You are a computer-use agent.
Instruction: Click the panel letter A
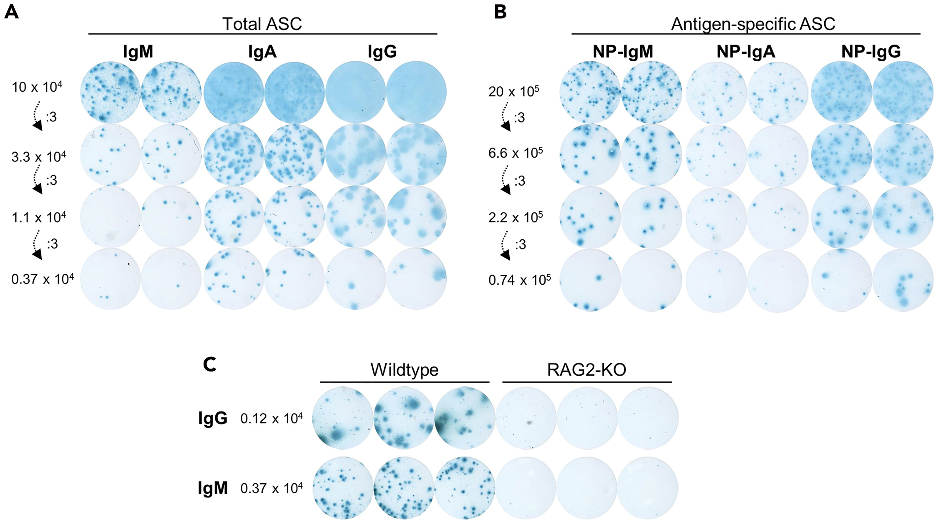[x=11, y=12]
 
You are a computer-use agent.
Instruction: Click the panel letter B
[x=500, y=12]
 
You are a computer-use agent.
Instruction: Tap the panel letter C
[x=209, y=365]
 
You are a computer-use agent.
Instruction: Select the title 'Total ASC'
[x=262, y=24]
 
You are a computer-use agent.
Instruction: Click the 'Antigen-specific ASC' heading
[x=753, y=24]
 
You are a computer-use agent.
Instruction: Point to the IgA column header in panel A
[x=262, y=52]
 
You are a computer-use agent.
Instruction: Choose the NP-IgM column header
[x=623, y=52]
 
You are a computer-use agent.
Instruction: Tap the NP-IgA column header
[x=746, y=52]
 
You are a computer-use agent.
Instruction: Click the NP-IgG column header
[x=871, y=52]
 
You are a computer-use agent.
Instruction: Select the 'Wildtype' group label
[x=404, y=369]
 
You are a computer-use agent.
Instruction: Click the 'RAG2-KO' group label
[x=586, y=369]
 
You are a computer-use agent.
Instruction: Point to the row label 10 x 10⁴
[x=37, y=87]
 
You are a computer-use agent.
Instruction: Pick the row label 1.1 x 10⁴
[x=39, y=217]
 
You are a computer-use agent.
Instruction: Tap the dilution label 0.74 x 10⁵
[x=519, y=279]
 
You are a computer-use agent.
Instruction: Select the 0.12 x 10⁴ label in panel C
[x=272, y=418]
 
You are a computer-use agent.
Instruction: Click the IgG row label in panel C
[x=213, y=419]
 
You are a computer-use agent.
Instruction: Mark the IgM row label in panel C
[x=213, y=488]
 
